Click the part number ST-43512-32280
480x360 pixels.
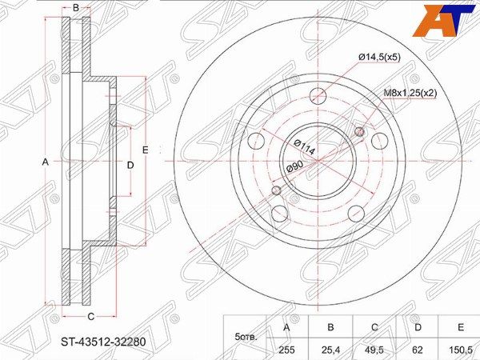pyautogui.click(x=103, y=342)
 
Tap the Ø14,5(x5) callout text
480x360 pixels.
pyautogui.click(x=379, y=57)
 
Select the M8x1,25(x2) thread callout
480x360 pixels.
pyautogui.click(x=410, y=93)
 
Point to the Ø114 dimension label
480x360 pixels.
pyautogui.click(x=305, y=147)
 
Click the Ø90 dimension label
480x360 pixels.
pyautogui.click(x=294, y=167)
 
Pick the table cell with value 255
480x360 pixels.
pyautogui.click(x=286, y=350)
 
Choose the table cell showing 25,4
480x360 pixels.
pyautogui.click(x=330, y=350)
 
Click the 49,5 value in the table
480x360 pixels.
pyautogui.click(x=374, y=350)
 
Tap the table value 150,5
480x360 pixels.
pyautogui.click(x=461, y=350)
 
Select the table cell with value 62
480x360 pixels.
pyautogui.click(x=418, y=350)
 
